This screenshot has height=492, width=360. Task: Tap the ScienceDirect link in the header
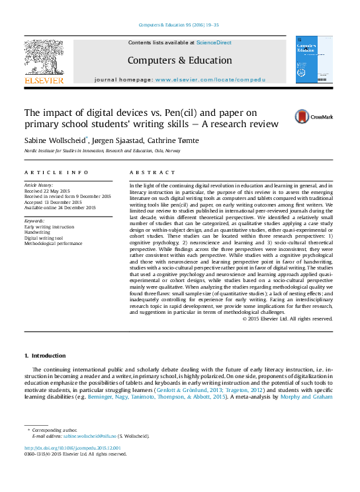[x=214, y=42]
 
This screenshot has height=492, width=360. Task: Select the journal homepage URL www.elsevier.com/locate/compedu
[x=210, y=79]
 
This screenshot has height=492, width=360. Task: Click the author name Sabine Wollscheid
[x=54, y=140]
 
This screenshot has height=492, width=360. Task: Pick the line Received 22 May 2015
[x=48, y=190]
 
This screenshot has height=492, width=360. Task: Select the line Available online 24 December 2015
[x=60, y=208]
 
